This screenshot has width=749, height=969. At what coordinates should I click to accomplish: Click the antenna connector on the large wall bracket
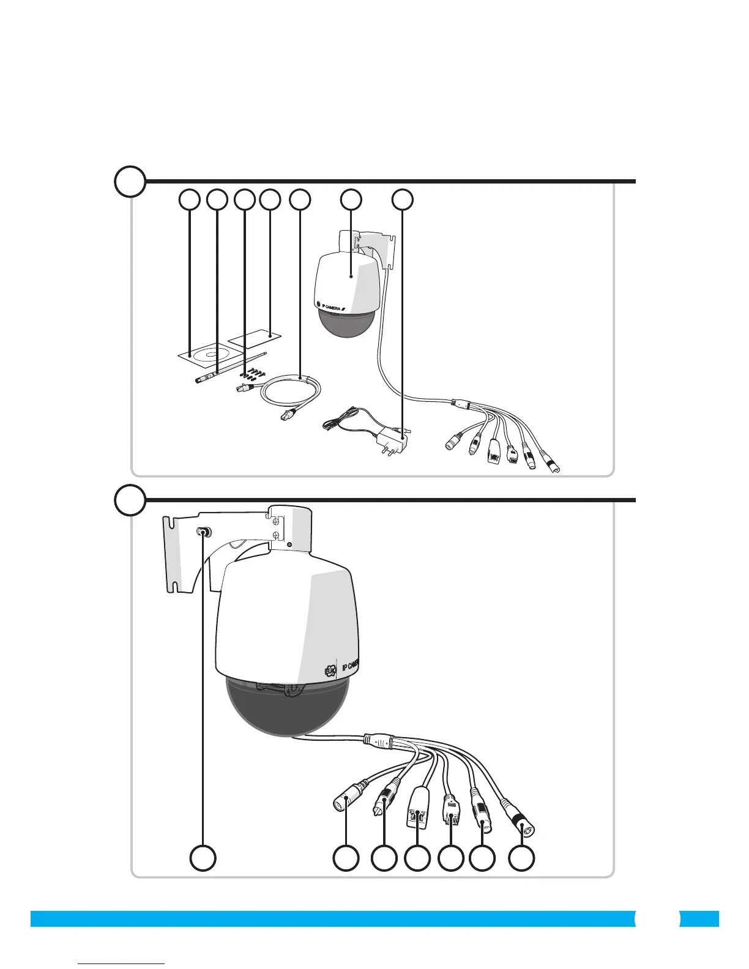click(x=204, y=532)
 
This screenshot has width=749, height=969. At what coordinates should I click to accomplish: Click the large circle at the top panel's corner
click(x=130, y=181)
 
